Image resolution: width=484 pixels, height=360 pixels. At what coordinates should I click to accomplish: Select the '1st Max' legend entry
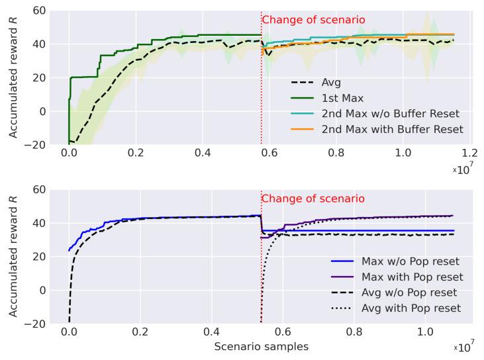coord(345,98)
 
